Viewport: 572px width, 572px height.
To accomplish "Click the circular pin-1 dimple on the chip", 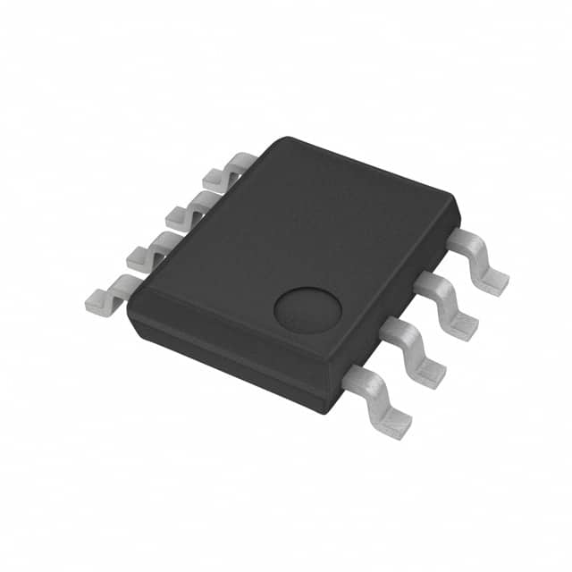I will [x=307, y=309].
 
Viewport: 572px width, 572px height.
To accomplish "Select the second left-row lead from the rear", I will [x=186, y=211].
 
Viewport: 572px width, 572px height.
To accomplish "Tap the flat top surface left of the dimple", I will [x=232, y=259].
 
